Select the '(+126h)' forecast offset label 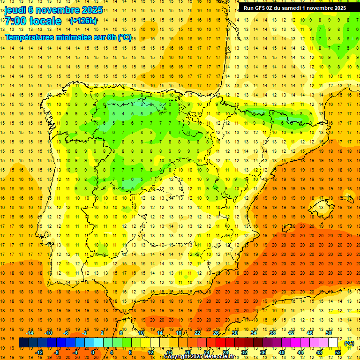pos(83,21)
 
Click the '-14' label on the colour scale pos(31,333)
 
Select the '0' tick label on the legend pos(93,352)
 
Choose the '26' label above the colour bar pos(216,333)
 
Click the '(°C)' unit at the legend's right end pos(349,343)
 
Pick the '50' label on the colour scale pos(329,333)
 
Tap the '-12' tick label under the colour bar pos(39,352)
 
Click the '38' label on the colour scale pos(272,333)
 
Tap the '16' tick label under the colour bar pos(169,352)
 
